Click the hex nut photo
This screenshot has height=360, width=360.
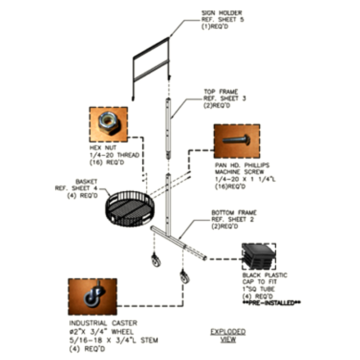(108, 125)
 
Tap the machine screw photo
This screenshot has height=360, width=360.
(237, 141)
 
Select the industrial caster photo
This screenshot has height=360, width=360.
(93, 297)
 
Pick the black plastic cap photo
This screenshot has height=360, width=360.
(259, 256)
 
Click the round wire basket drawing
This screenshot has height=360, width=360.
(130, 208)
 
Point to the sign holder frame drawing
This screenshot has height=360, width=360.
(134, 69)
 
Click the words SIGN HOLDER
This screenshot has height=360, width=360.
(221, 13)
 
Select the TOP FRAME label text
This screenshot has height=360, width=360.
(221, 92)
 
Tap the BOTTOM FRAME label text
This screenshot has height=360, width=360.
(234, 212)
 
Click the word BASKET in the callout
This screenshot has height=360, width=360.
(86, 182)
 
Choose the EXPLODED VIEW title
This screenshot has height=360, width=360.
(228, 335)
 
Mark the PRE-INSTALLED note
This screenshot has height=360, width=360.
(272, 303)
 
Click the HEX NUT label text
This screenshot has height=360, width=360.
(103, 148)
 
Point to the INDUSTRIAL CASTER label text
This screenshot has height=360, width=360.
(103, 323)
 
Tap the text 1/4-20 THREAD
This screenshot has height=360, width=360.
(114, 155)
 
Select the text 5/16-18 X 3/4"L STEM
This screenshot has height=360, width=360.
(114, 340)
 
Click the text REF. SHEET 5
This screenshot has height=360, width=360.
(222, 20)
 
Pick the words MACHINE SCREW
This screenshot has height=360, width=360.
(239, 172)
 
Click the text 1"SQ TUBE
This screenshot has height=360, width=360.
(258, 289)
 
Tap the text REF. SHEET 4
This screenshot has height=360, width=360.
(76, 188)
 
